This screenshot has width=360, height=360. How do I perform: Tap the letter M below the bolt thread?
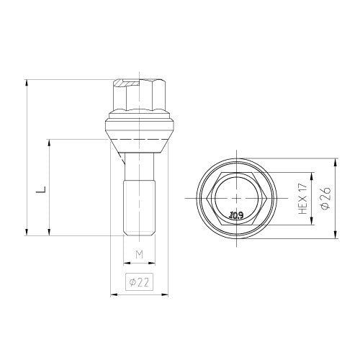click(140, 254)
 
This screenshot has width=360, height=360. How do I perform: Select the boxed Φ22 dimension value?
click(140, 282)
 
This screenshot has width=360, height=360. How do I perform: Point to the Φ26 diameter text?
click(326, 197)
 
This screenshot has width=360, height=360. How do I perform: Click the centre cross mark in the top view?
click(237, 197)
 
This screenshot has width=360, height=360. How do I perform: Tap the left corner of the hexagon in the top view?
click(206, 197)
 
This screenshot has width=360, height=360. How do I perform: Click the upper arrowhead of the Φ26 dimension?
click(336, 158)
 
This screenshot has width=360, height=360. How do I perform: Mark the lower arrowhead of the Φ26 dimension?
click(336, 235)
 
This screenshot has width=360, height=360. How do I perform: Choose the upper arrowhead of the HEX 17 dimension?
click(313, 173)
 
